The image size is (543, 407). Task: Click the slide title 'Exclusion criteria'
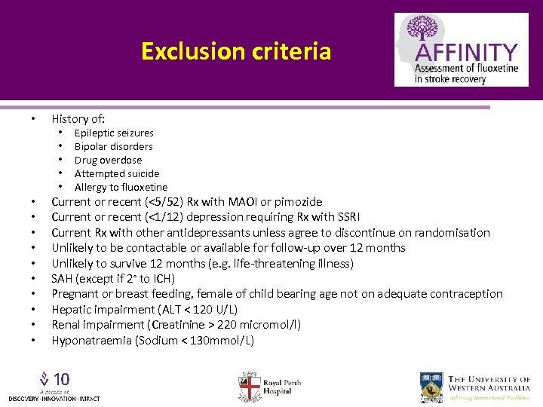pyautogui.click(x=235, y=51)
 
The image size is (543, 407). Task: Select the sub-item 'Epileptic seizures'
pyautogui.click(x=114, y=133)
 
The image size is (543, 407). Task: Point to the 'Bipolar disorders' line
pyautogui.click(x=113, y=147)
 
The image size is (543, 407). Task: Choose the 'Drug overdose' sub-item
pyautogui.click(x=108, y=161)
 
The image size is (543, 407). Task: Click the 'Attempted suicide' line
pyautogui.click(x=117, y=174)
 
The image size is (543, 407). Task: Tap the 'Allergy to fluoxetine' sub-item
pyautogui.click(x=121, y=188)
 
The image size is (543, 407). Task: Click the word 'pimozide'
pyautogui.click(x=299, y=202)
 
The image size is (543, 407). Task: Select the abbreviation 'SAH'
pyautogui.click(x=63, y=279)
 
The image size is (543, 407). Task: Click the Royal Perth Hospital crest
pyautogui.click(x=250, y=386)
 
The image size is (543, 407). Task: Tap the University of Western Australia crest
pyautogui.click(x=432, y=387)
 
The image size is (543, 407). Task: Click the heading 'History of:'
pyautogui.click(x=78, y=118)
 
